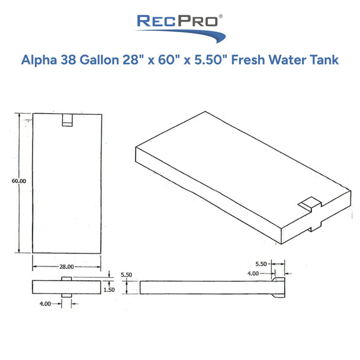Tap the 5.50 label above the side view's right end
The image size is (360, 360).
[x=262, y=262]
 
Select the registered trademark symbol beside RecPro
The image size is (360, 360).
[x=220, y=18]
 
